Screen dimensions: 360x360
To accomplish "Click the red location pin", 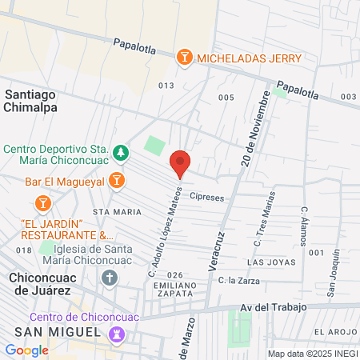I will click(180, 163).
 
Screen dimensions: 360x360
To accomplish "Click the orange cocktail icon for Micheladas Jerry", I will click(185, 57).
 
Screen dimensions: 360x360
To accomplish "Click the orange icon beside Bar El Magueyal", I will click(116, 180).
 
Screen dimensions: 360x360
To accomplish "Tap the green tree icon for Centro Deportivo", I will click(120, 151).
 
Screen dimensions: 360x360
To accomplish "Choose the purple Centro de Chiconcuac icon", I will click(119, 333).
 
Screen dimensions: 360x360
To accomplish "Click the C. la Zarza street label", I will click(237, 280).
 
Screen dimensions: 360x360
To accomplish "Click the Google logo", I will click(26, 350).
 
